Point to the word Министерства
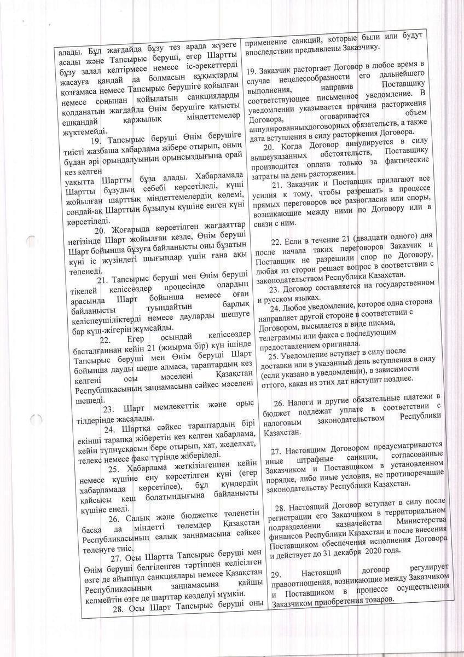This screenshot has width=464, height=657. pos(424,521)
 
